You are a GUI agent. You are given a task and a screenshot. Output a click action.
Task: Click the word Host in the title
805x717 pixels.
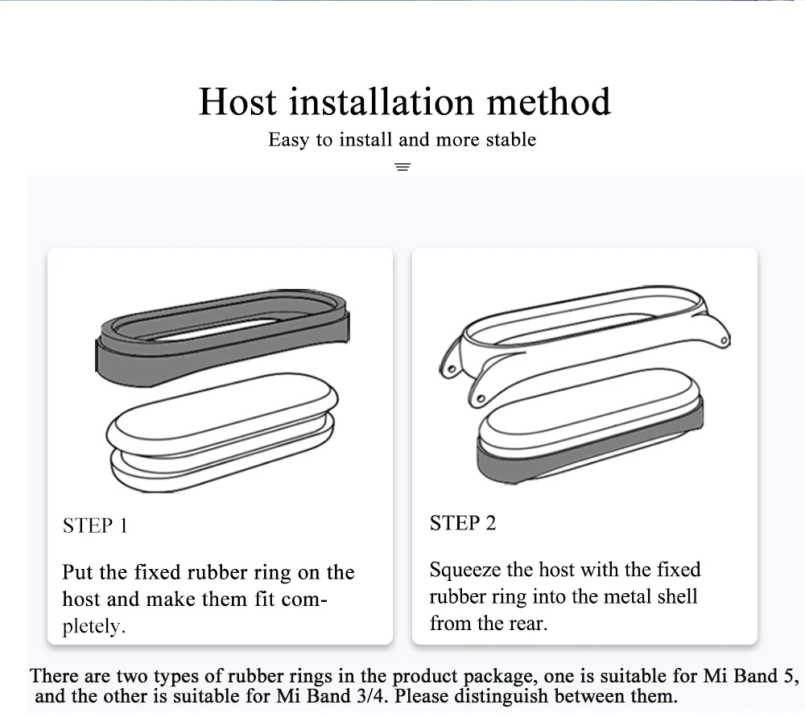point(237,102)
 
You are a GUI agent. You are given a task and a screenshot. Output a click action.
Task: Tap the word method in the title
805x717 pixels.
point(549,102)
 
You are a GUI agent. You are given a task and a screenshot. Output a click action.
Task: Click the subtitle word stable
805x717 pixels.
point(511,140)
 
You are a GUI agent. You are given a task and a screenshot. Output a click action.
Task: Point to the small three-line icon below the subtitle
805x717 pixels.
point(402,167)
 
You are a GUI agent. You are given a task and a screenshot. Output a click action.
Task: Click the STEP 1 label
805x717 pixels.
point(95,526)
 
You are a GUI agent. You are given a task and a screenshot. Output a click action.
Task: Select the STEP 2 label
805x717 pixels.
point(463,524)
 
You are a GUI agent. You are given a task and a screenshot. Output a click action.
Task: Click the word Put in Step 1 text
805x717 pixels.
point(78,573)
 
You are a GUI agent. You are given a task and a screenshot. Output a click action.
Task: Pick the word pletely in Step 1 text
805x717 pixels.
point(94,627)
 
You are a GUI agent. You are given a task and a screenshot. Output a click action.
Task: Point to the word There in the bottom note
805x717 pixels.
point(55,676)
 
